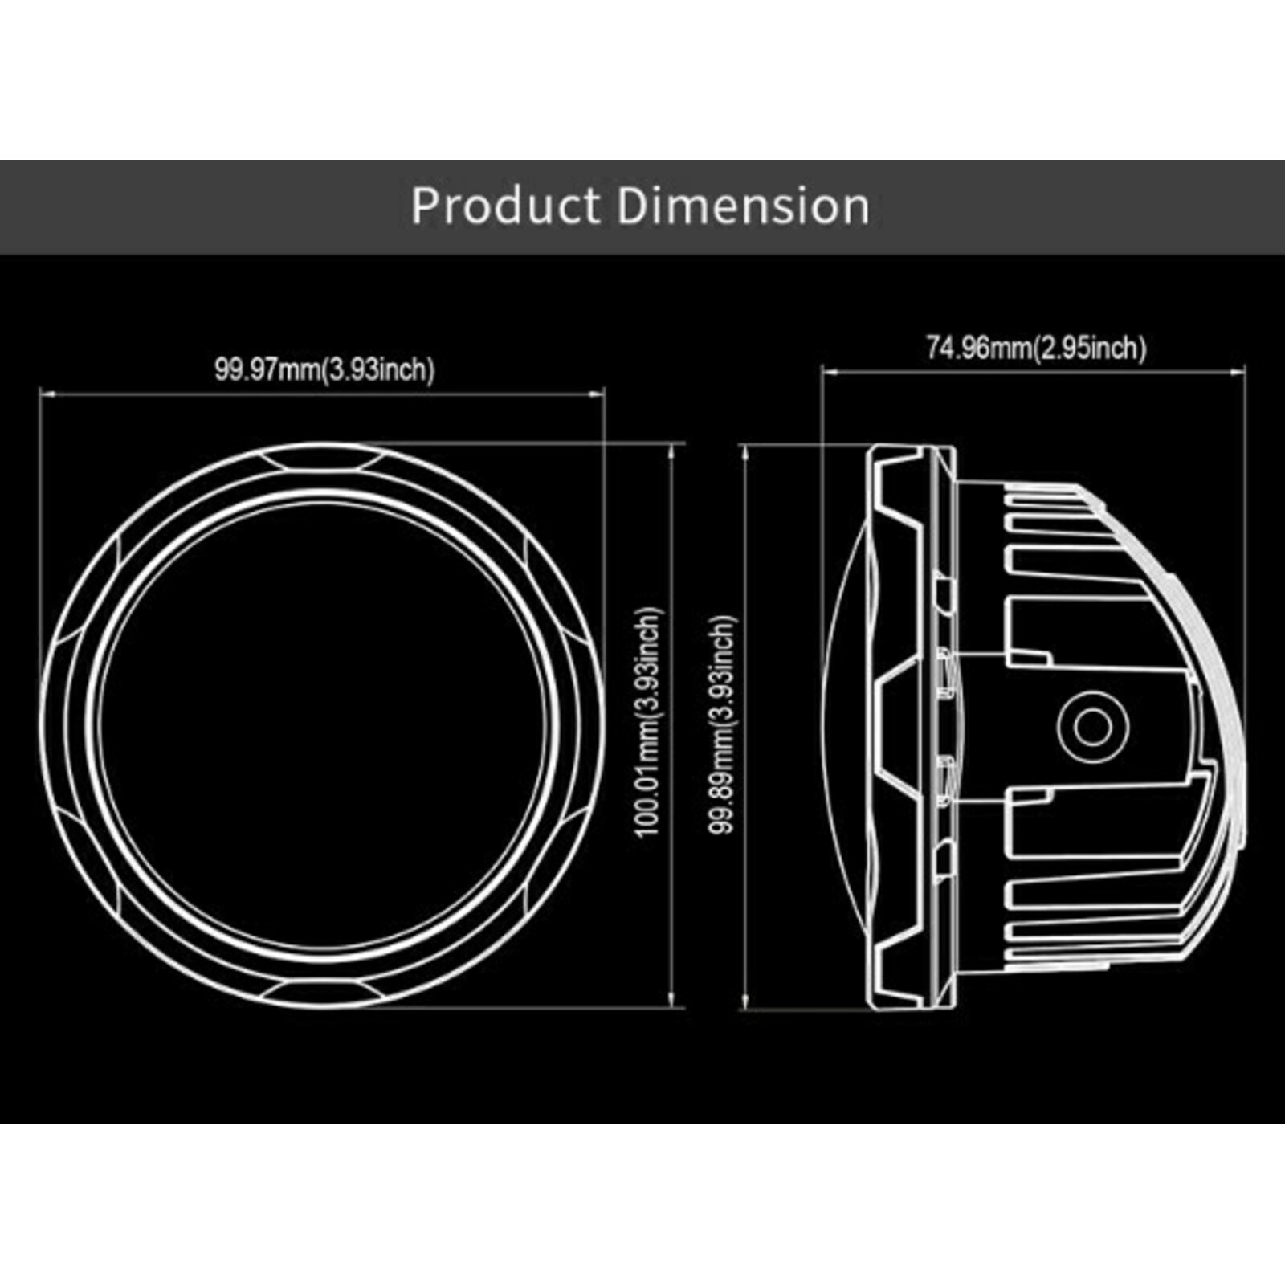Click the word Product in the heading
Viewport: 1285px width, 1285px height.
click(513, 206)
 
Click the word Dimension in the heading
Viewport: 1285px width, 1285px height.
click(744, 206)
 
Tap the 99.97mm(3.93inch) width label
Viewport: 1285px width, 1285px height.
click(324, 369)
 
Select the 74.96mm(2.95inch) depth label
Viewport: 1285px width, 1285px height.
click(1037, 348)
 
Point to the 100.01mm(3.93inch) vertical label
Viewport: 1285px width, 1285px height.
click(650, 720)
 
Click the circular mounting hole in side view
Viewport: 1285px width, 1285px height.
click(1092, 728)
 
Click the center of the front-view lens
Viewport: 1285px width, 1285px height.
click(322, 727)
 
